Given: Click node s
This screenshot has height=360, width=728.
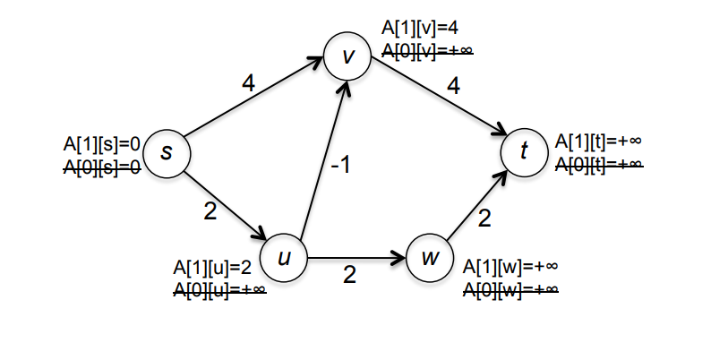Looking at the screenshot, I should [166, 151].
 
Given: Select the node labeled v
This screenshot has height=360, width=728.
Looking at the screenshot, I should [347, 56].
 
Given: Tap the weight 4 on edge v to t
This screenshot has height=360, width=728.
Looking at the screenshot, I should [454, 87].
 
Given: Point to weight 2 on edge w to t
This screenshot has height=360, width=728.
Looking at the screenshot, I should [484, 218].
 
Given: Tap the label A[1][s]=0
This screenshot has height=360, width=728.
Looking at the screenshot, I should [102, 141].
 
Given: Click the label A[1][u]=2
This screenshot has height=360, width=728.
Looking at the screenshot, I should [211, 267].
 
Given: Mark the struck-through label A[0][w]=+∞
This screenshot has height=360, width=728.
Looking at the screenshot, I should [510, 288].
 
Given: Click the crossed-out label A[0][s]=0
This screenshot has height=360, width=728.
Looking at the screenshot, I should [100, 164].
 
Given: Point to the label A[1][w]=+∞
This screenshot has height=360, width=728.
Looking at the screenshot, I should [510, 267].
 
